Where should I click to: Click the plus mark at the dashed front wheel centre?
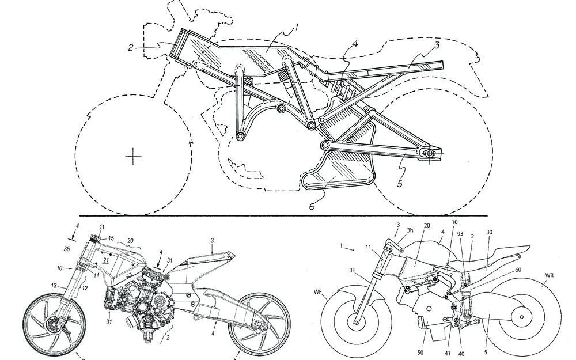[134, 156]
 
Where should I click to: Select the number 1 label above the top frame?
[297, 26]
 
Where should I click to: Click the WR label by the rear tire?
[550, 283]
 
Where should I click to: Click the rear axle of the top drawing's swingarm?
[429, 154]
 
